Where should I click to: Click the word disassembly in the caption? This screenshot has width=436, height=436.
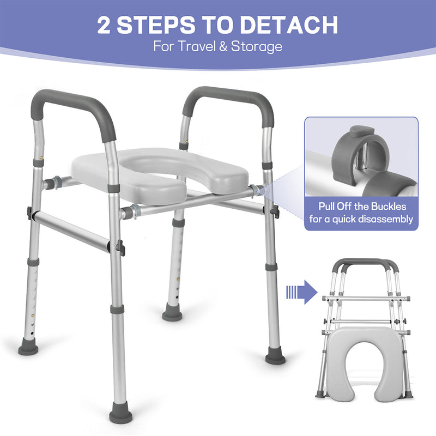[386, 220]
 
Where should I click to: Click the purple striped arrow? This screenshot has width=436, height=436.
[302, 292]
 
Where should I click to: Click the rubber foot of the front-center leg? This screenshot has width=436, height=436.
[120, 415]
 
